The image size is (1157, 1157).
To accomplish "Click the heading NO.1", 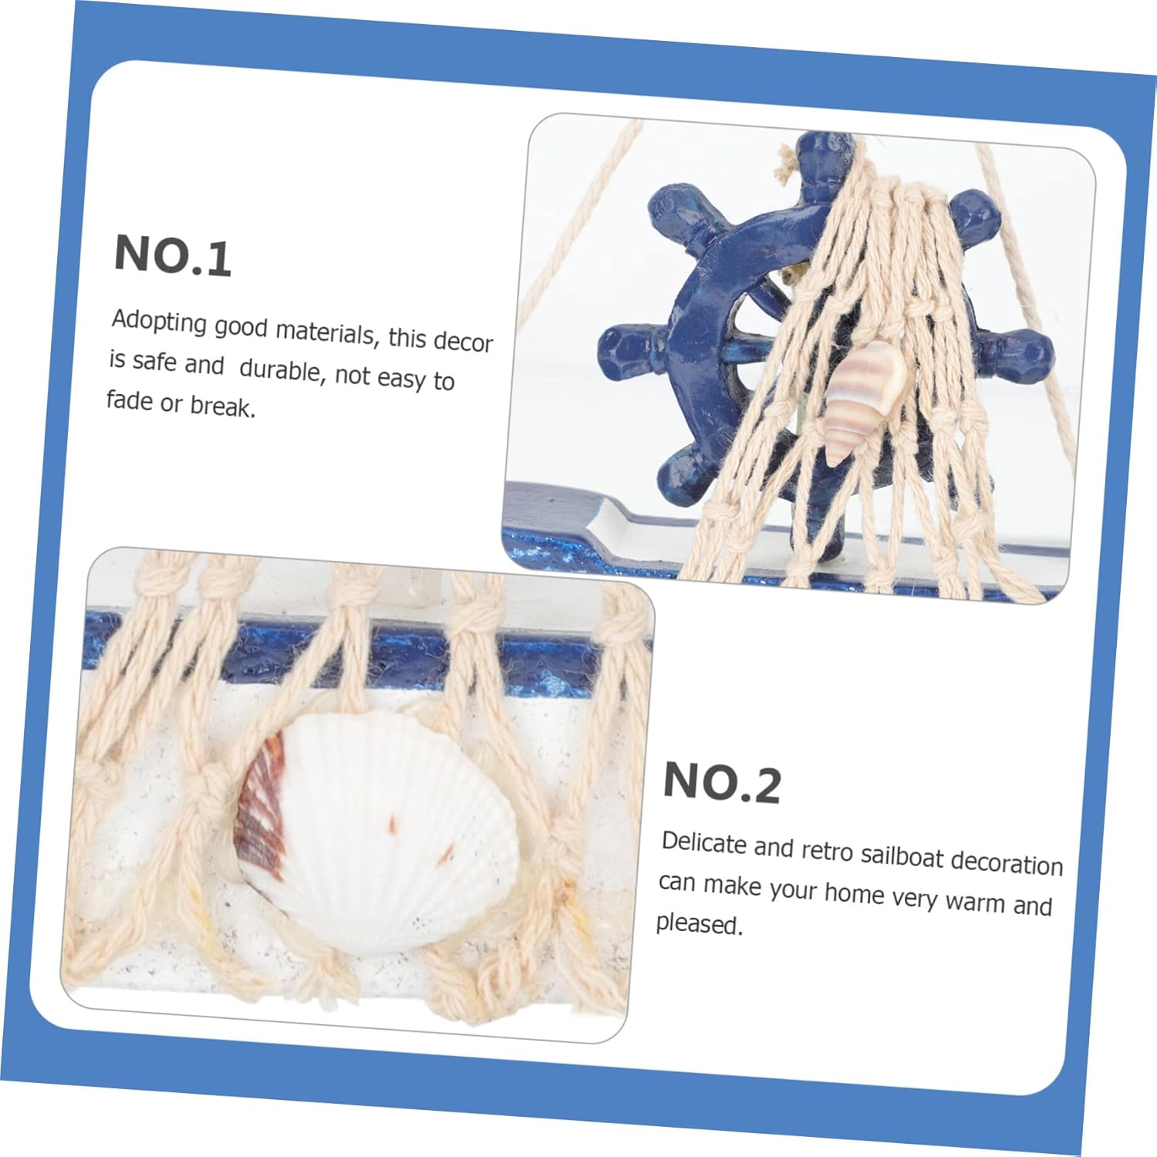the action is pos(173,255).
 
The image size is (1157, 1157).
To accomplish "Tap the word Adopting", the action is pos(160,322).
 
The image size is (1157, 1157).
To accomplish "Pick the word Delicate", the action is pos(704,843).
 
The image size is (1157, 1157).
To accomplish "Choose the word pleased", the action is pos(700,924).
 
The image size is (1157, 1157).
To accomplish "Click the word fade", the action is pos(130,401).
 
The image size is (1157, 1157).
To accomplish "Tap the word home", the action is pos(855,893).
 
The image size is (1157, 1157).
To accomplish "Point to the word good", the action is pos(241,329).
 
